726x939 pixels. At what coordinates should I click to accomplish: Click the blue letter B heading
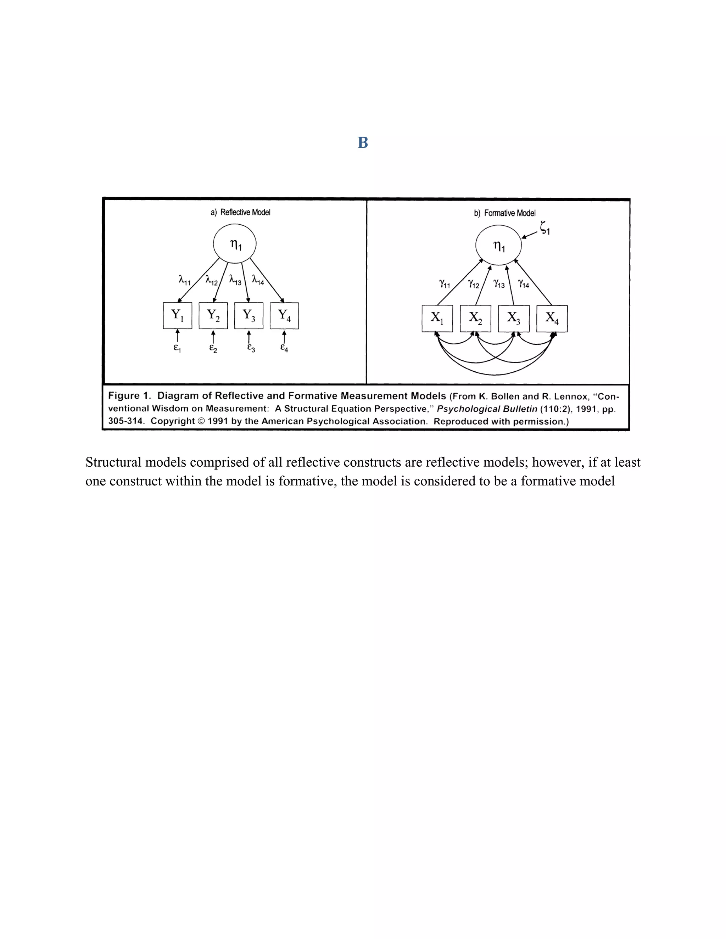click(363, 143)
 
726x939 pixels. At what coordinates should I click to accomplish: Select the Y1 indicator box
click(177, 316)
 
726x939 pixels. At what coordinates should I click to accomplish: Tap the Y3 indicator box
click(248, 316)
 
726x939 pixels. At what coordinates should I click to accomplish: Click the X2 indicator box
click(475, 319)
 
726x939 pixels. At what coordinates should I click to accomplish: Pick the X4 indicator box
click(552, 319)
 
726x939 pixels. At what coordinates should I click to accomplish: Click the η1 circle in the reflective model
click(235, 244)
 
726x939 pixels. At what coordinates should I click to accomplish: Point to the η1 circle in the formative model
click(498, 246)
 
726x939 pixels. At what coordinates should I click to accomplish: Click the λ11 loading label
click(184, 280)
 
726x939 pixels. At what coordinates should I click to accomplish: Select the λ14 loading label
click(258, 280)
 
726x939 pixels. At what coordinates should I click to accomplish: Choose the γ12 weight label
click(473, 284)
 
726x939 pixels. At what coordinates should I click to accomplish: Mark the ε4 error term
click(284, 347)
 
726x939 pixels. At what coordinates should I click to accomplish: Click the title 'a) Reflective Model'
click(240, 212)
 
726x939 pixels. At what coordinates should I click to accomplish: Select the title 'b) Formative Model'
click(504, 213)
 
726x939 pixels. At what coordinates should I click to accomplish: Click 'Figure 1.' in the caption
click(129, 395)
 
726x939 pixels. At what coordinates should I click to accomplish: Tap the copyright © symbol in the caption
click(201, 421)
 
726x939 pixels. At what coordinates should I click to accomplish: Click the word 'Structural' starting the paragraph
click(114, 462)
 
